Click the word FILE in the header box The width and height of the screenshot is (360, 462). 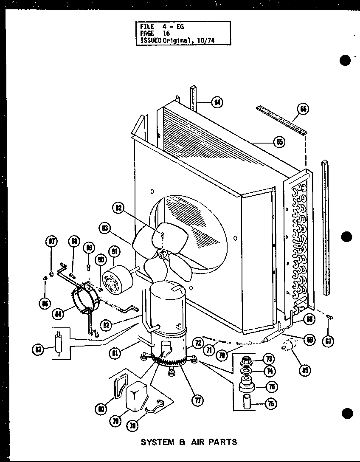click(146, 26)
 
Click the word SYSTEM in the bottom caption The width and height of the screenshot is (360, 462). click(157, 442)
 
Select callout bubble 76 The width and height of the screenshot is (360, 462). click(268, 404)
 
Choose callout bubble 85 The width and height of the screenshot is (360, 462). click(304, 370)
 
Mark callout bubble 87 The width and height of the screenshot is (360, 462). click(51, 242)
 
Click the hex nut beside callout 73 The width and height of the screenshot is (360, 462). click(246, 362)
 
